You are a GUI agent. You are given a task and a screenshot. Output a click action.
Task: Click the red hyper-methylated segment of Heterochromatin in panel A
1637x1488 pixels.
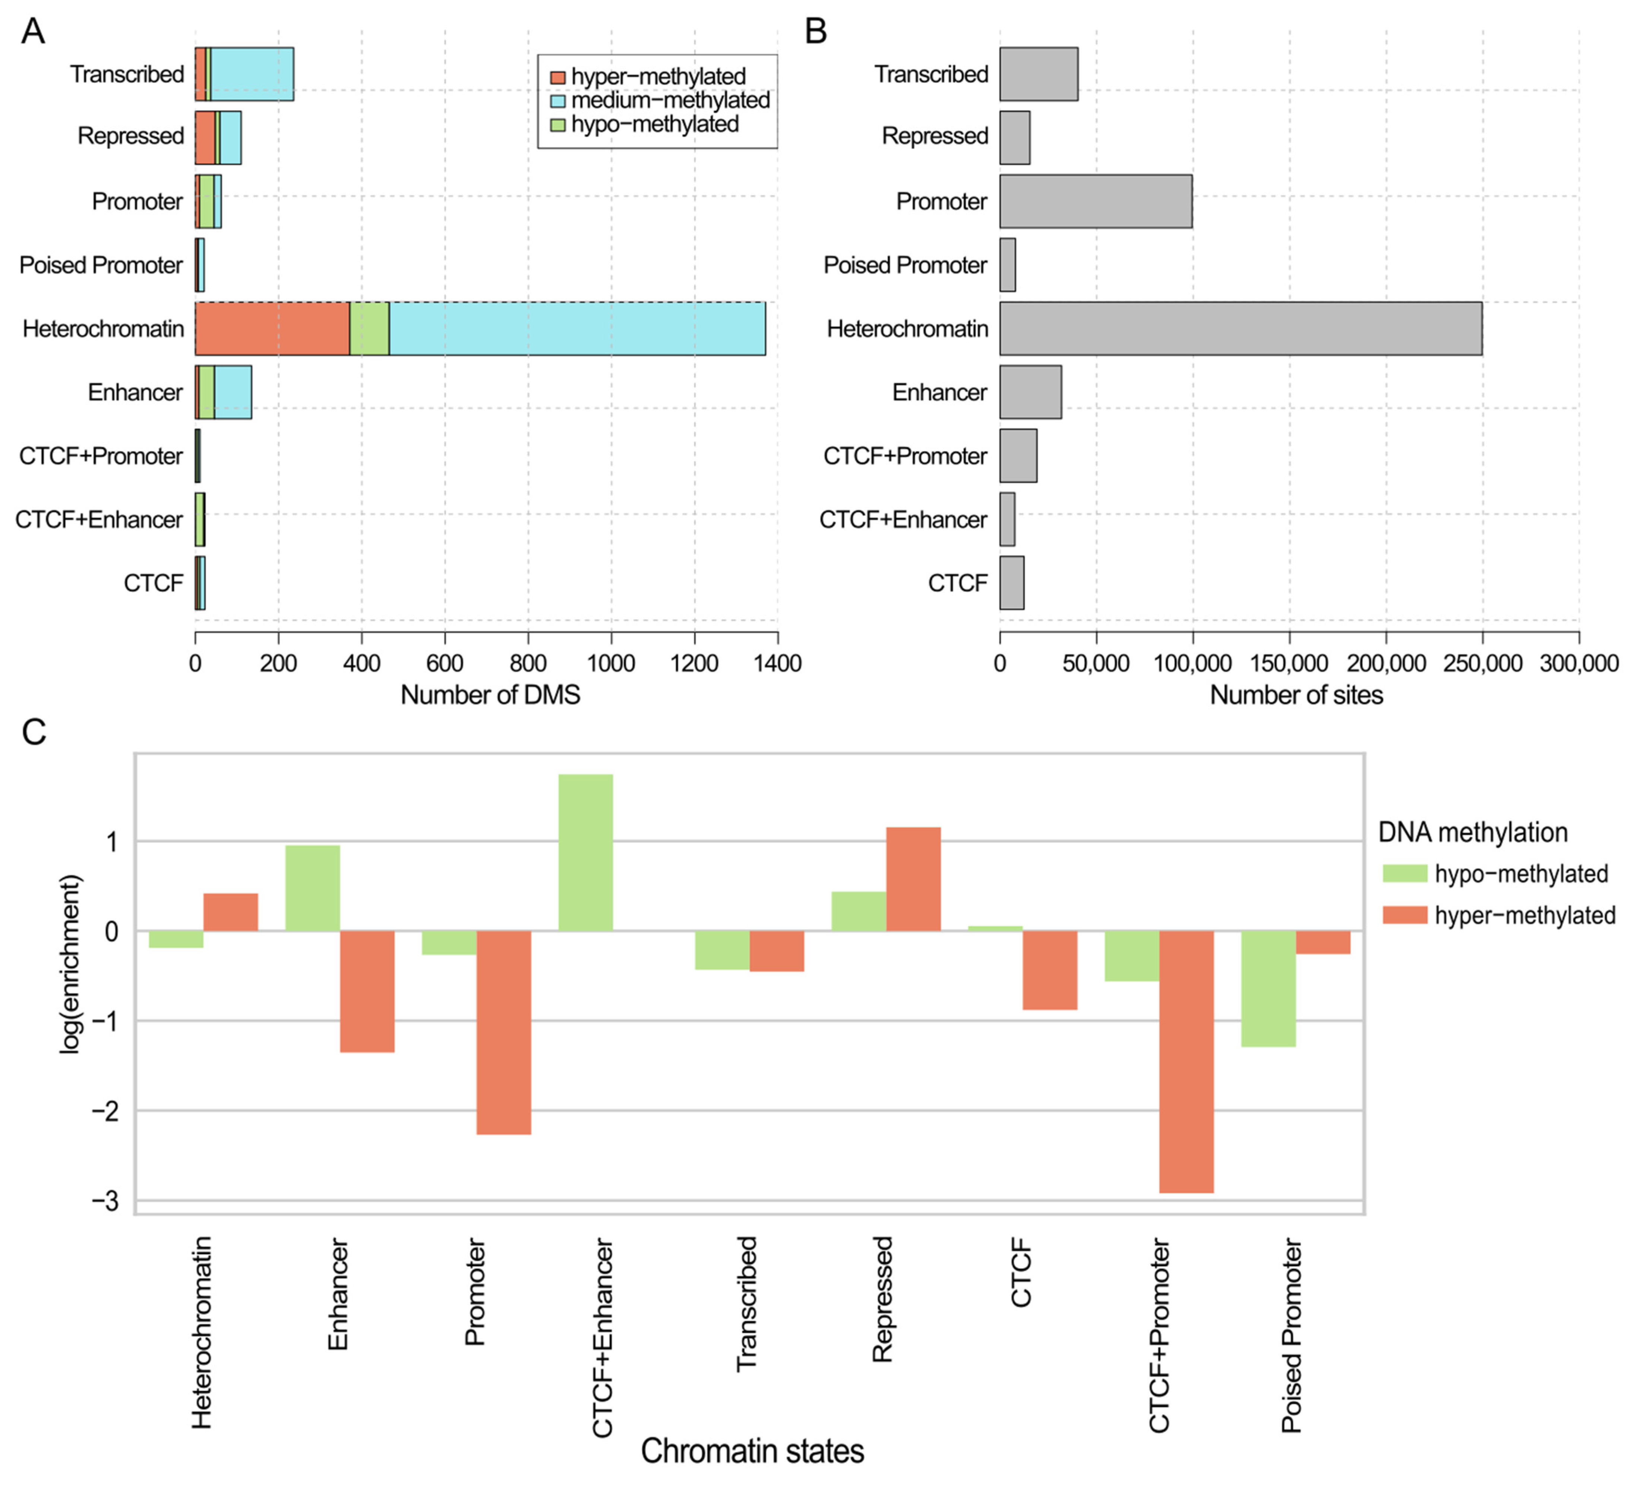[272, 329]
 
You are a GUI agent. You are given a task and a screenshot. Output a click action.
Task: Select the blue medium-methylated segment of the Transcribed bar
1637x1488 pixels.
[252, 74]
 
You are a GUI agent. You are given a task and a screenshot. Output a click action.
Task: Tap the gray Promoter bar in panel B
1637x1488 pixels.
[1096, 202]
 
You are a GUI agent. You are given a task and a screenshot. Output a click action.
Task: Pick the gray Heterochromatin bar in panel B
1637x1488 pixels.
[1240, 329]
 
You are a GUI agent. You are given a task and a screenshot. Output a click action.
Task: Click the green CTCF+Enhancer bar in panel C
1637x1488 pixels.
[585, 852]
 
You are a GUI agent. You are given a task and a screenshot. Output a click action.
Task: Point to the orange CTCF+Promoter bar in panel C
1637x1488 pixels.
[1186, 1061]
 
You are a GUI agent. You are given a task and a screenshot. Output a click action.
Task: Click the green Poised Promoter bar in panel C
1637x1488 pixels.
[1268, 988]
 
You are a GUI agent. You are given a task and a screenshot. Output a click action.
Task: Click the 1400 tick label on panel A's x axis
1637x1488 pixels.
[777, 663]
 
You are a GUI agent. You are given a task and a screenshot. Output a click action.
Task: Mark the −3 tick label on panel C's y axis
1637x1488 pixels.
[104, 1200]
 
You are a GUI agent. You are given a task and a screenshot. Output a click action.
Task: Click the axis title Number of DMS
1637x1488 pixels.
[490, 695]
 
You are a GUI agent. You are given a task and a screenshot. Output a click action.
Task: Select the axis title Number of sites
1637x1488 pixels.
[1296, 695]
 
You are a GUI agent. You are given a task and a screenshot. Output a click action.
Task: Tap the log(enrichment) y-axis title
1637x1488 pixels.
[72, 964]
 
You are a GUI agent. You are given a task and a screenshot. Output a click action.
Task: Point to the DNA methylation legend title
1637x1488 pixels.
[1472, 832]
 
